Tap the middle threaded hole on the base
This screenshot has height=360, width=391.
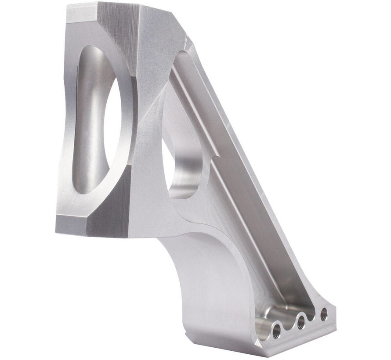pyautogui.click(x=301, y=322)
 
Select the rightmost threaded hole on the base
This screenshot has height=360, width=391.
pyautogui.click(x=324, y=314)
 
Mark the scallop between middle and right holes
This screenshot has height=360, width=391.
pyautogui.click(x=312, y=311)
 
